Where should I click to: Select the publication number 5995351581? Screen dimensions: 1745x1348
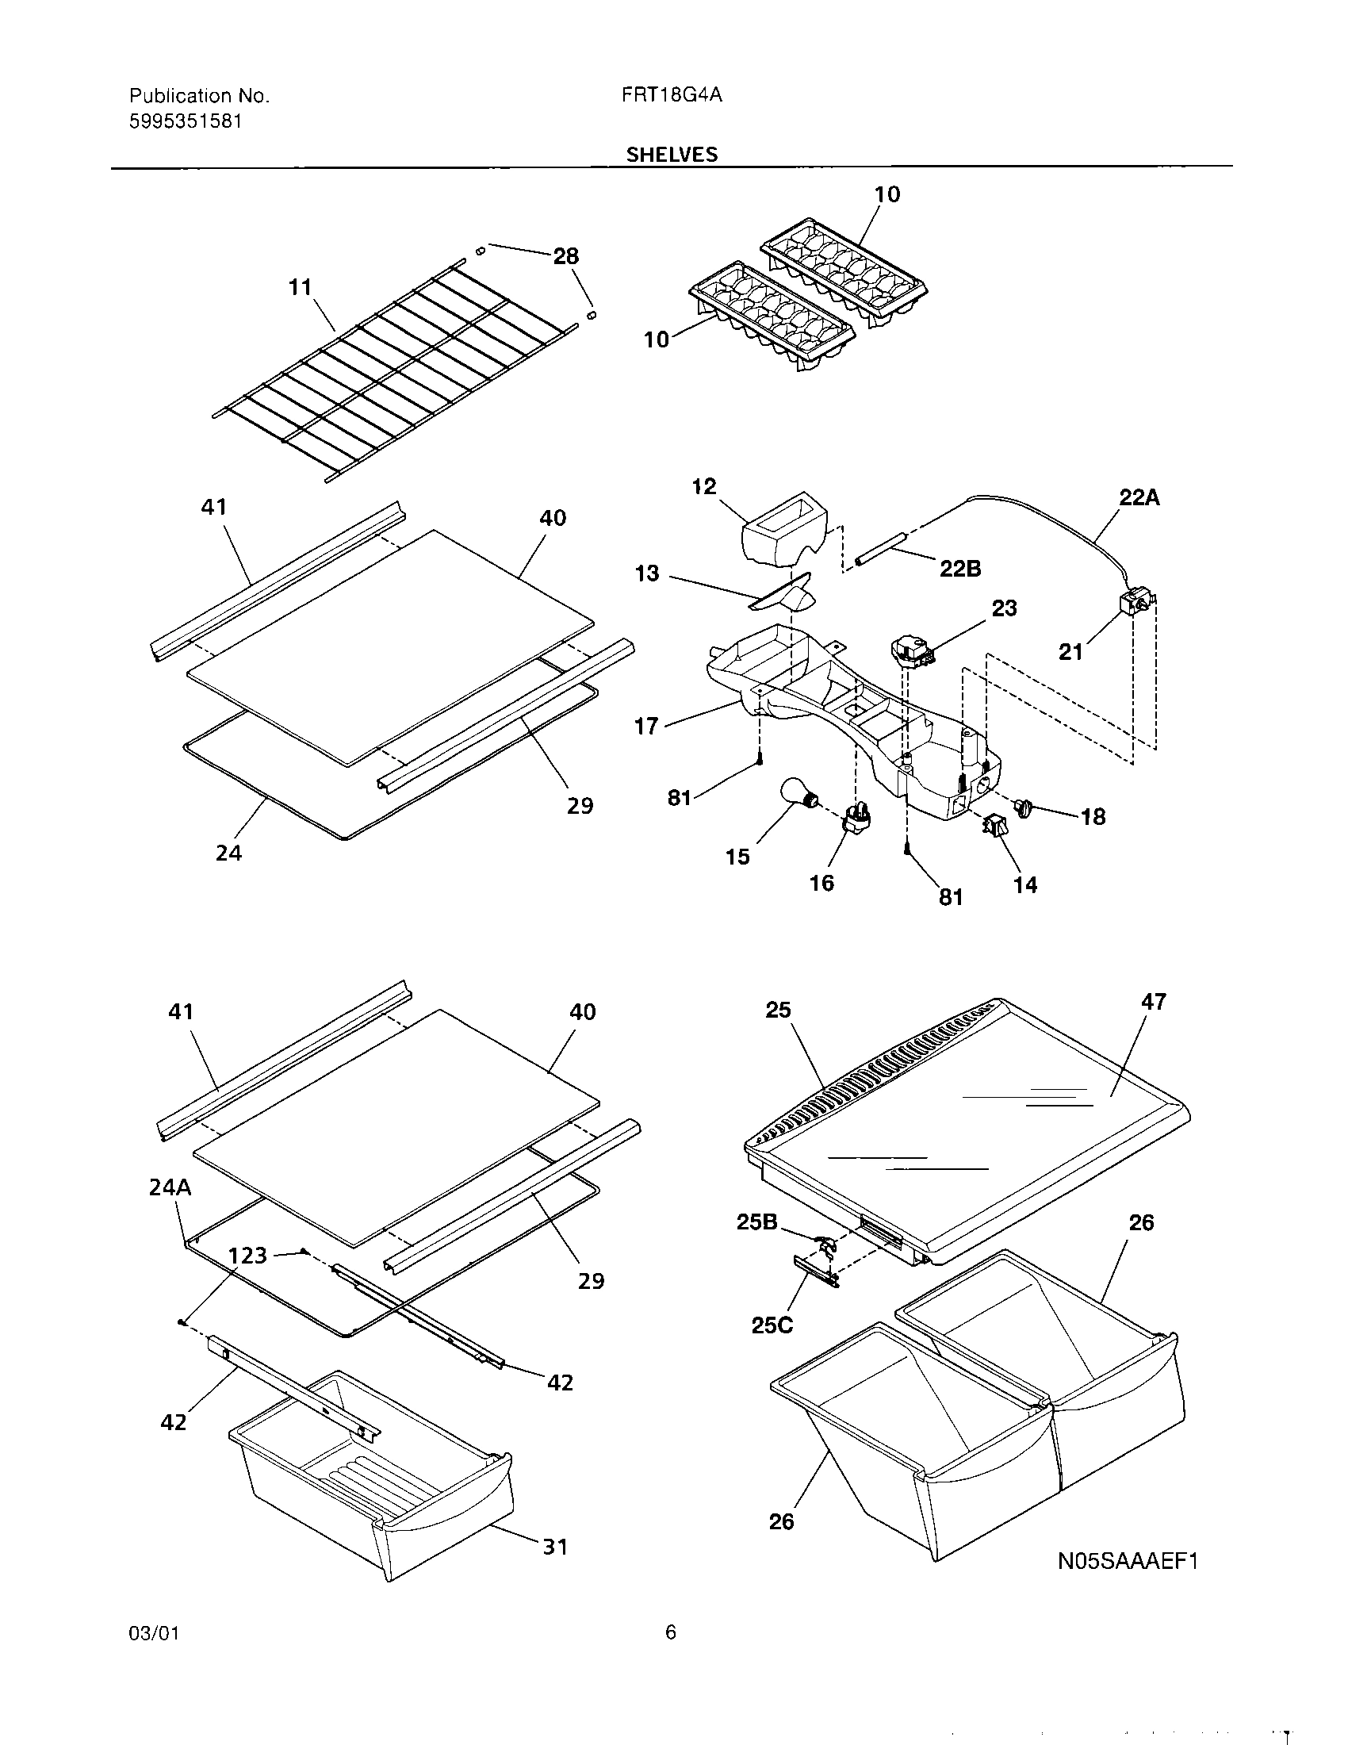(186, 121)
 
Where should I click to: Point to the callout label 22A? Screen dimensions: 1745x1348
(1139, 498)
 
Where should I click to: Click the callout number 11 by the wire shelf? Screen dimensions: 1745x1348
(300, 287)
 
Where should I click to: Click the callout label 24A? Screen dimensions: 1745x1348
(170, 1187)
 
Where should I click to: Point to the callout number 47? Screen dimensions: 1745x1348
(1154, 1002)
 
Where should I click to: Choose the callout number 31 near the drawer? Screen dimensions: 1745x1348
(555, 1547)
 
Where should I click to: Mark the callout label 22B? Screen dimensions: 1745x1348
(961, 568)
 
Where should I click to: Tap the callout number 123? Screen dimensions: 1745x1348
(247, 1256)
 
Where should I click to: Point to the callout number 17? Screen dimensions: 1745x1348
(646, 727)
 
